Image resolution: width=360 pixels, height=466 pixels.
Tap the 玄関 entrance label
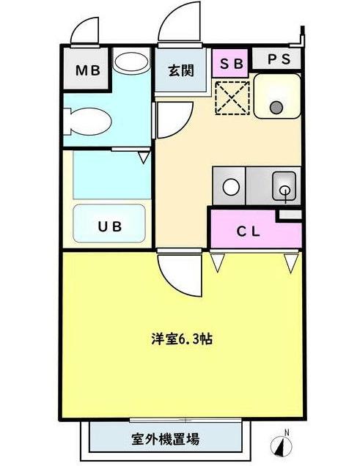pyautogui.click(x=180, y=71)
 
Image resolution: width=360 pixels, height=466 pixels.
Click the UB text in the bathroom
pyautogui.click(x=110, y=226)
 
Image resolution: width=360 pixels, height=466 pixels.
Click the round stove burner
pyautogui.click(x=231, y=187)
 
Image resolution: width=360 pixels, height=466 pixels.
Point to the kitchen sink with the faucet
pyautogui.click(x=283, y=186)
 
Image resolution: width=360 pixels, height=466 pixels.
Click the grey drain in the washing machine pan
pyautogui.click(x=276, y=108)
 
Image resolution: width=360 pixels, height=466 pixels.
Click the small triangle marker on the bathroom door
pyautogui.click(x=144, y=155)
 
